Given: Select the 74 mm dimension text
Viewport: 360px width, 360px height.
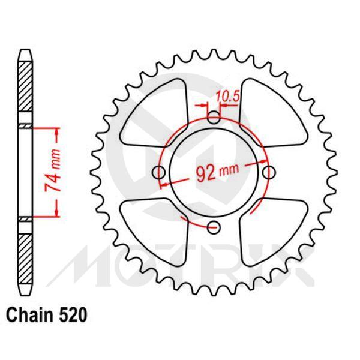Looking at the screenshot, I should [x=52, y=178].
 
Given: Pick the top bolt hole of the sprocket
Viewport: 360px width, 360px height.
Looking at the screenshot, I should [x=214, y=118].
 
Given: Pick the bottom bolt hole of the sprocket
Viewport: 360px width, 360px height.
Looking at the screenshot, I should [x=214, y=227].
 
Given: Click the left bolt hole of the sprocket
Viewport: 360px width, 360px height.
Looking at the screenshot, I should [x=159, y=173].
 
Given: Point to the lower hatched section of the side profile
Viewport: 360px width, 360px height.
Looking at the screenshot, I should [x=25, y=258].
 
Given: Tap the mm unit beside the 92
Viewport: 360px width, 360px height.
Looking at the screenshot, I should [x=229, y=171].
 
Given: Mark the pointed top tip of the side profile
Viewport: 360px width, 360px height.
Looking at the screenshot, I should [x=25, y=49].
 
